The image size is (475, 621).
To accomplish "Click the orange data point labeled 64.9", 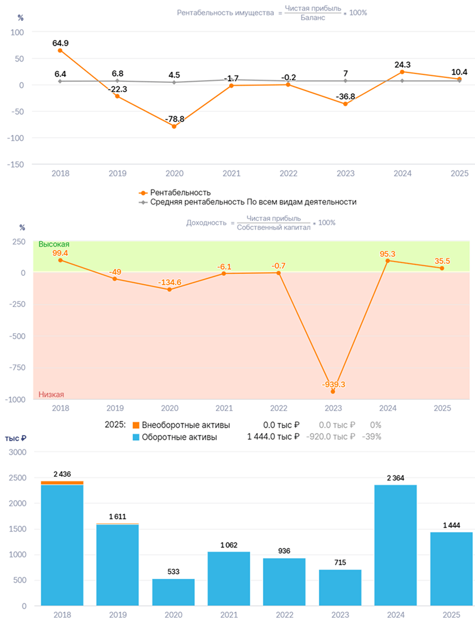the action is (x=60, y=50).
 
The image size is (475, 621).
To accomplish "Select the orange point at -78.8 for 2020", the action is (x=174, y=126).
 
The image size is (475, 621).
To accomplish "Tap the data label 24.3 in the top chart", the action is (x=403, y=65).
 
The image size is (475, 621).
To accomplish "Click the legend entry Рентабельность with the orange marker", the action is (x=174, y=193).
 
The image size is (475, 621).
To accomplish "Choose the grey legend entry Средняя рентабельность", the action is (x=247, y=202).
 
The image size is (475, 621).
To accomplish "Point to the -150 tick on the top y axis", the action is (x=16, y=164).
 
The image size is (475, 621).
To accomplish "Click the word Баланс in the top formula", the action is (x=312, y=18).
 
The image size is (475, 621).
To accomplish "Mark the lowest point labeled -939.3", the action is (x=333, y=391).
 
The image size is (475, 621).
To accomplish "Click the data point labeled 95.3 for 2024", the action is (x=387, y=261).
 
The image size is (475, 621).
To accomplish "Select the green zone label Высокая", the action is (x=54, y=244).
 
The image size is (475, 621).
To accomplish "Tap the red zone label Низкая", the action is (x=51, y=395).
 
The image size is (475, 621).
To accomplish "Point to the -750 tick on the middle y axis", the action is (x=17, y=367).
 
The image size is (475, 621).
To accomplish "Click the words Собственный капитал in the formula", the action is (x=274, y=227).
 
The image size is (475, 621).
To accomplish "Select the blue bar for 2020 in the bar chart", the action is (x=173, y=592).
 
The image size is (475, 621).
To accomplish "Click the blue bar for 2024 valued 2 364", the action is (x=395, y=546).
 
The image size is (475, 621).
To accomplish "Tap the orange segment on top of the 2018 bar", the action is (x=62, y=483).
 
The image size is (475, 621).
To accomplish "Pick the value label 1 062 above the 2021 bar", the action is (x=229, y=546).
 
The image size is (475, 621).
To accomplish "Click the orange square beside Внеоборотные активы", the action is (x=136, y=425).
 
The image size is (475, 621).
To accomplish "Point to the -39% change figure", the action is (x=371, y=437).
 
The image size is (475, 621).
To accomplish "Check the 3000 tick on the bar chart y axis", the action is (x=18, y=452).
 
